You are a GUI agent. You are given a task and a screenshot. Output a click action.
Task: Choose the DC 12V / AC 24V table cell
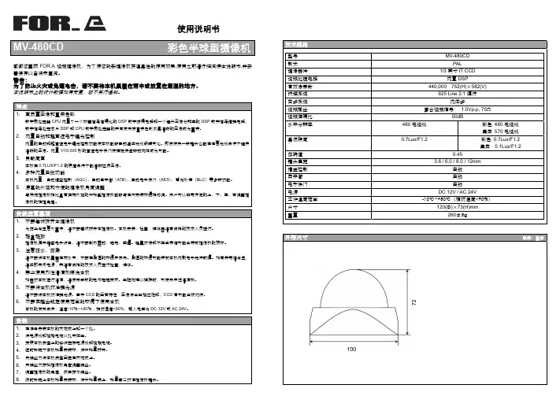(x=457, y=192)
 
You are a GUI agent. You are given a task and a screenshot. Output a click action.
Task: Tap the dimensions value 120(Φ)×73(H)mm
(x=457, y=207)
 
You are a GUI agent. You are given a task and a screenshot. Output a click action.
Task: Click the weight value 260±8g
(x=457, y=214)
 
